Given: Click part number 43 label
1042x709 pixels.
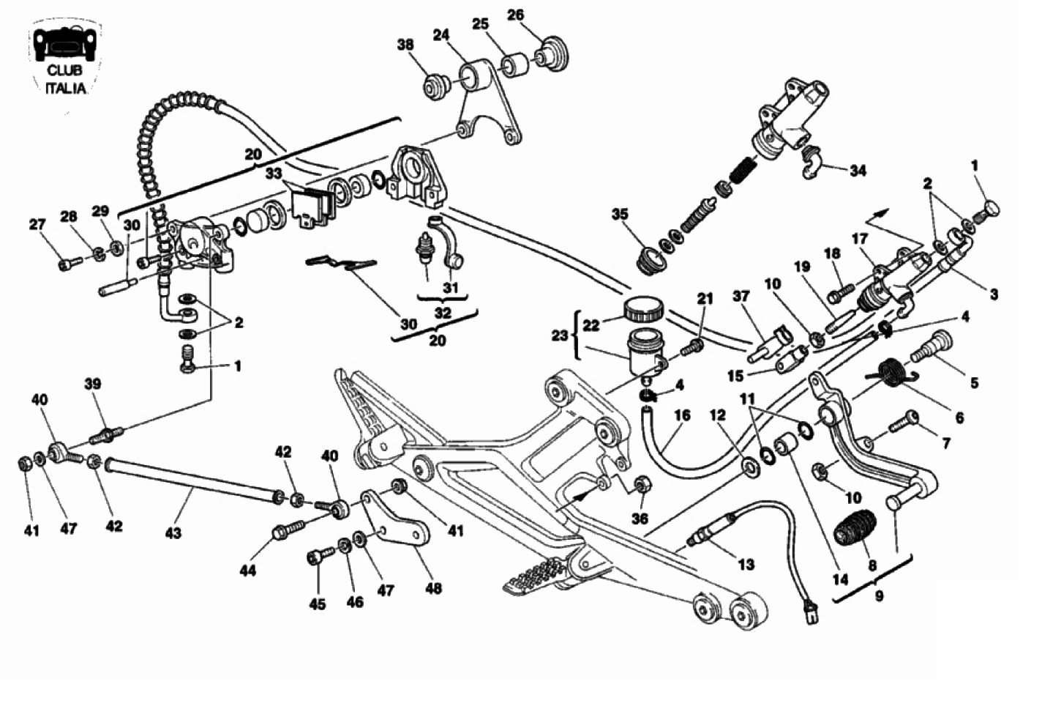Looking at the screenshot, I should (173, 534).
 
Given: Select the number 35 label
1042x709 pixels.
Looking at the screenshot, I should (620, 215).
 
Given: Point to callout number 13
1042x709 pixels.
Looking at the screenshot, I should (746, 564).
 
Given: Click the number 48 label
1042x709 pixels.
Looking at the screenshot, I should (434, 587).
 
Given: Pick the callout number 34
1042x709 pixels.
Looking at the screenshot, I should (858, 171).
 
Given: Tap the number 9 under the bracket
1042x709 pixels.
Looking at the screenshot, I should (879, 595).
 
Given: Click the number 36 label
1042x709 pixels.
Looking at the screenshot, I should (640, 519).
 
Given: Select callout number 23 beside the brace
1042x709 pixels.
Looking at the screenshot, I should (560, 335).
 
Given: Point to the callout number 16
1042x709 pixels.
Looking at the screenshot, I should (682, 416).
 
